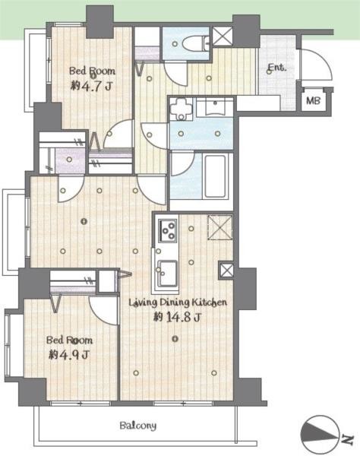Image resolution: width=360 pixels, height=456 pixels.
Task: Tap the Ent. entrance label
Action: coord(276,68)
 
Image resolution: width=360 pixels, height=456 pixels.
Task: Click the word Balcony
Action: coord(137,426)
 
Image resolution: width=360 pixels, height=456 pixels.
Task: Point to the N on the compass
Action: coord(346,439)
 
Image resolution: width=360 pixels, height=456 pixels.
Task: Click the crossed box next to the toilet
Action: coord(223,38)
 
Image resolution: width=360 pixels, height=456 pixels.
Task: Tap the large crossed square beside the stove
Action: coord(219,226)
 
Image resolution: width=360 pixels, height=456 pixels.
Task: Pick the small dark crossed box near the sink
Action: coord(226,270)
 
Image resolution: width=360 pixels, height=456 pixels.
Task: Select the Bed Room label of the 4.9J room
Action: coord(69,340)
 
